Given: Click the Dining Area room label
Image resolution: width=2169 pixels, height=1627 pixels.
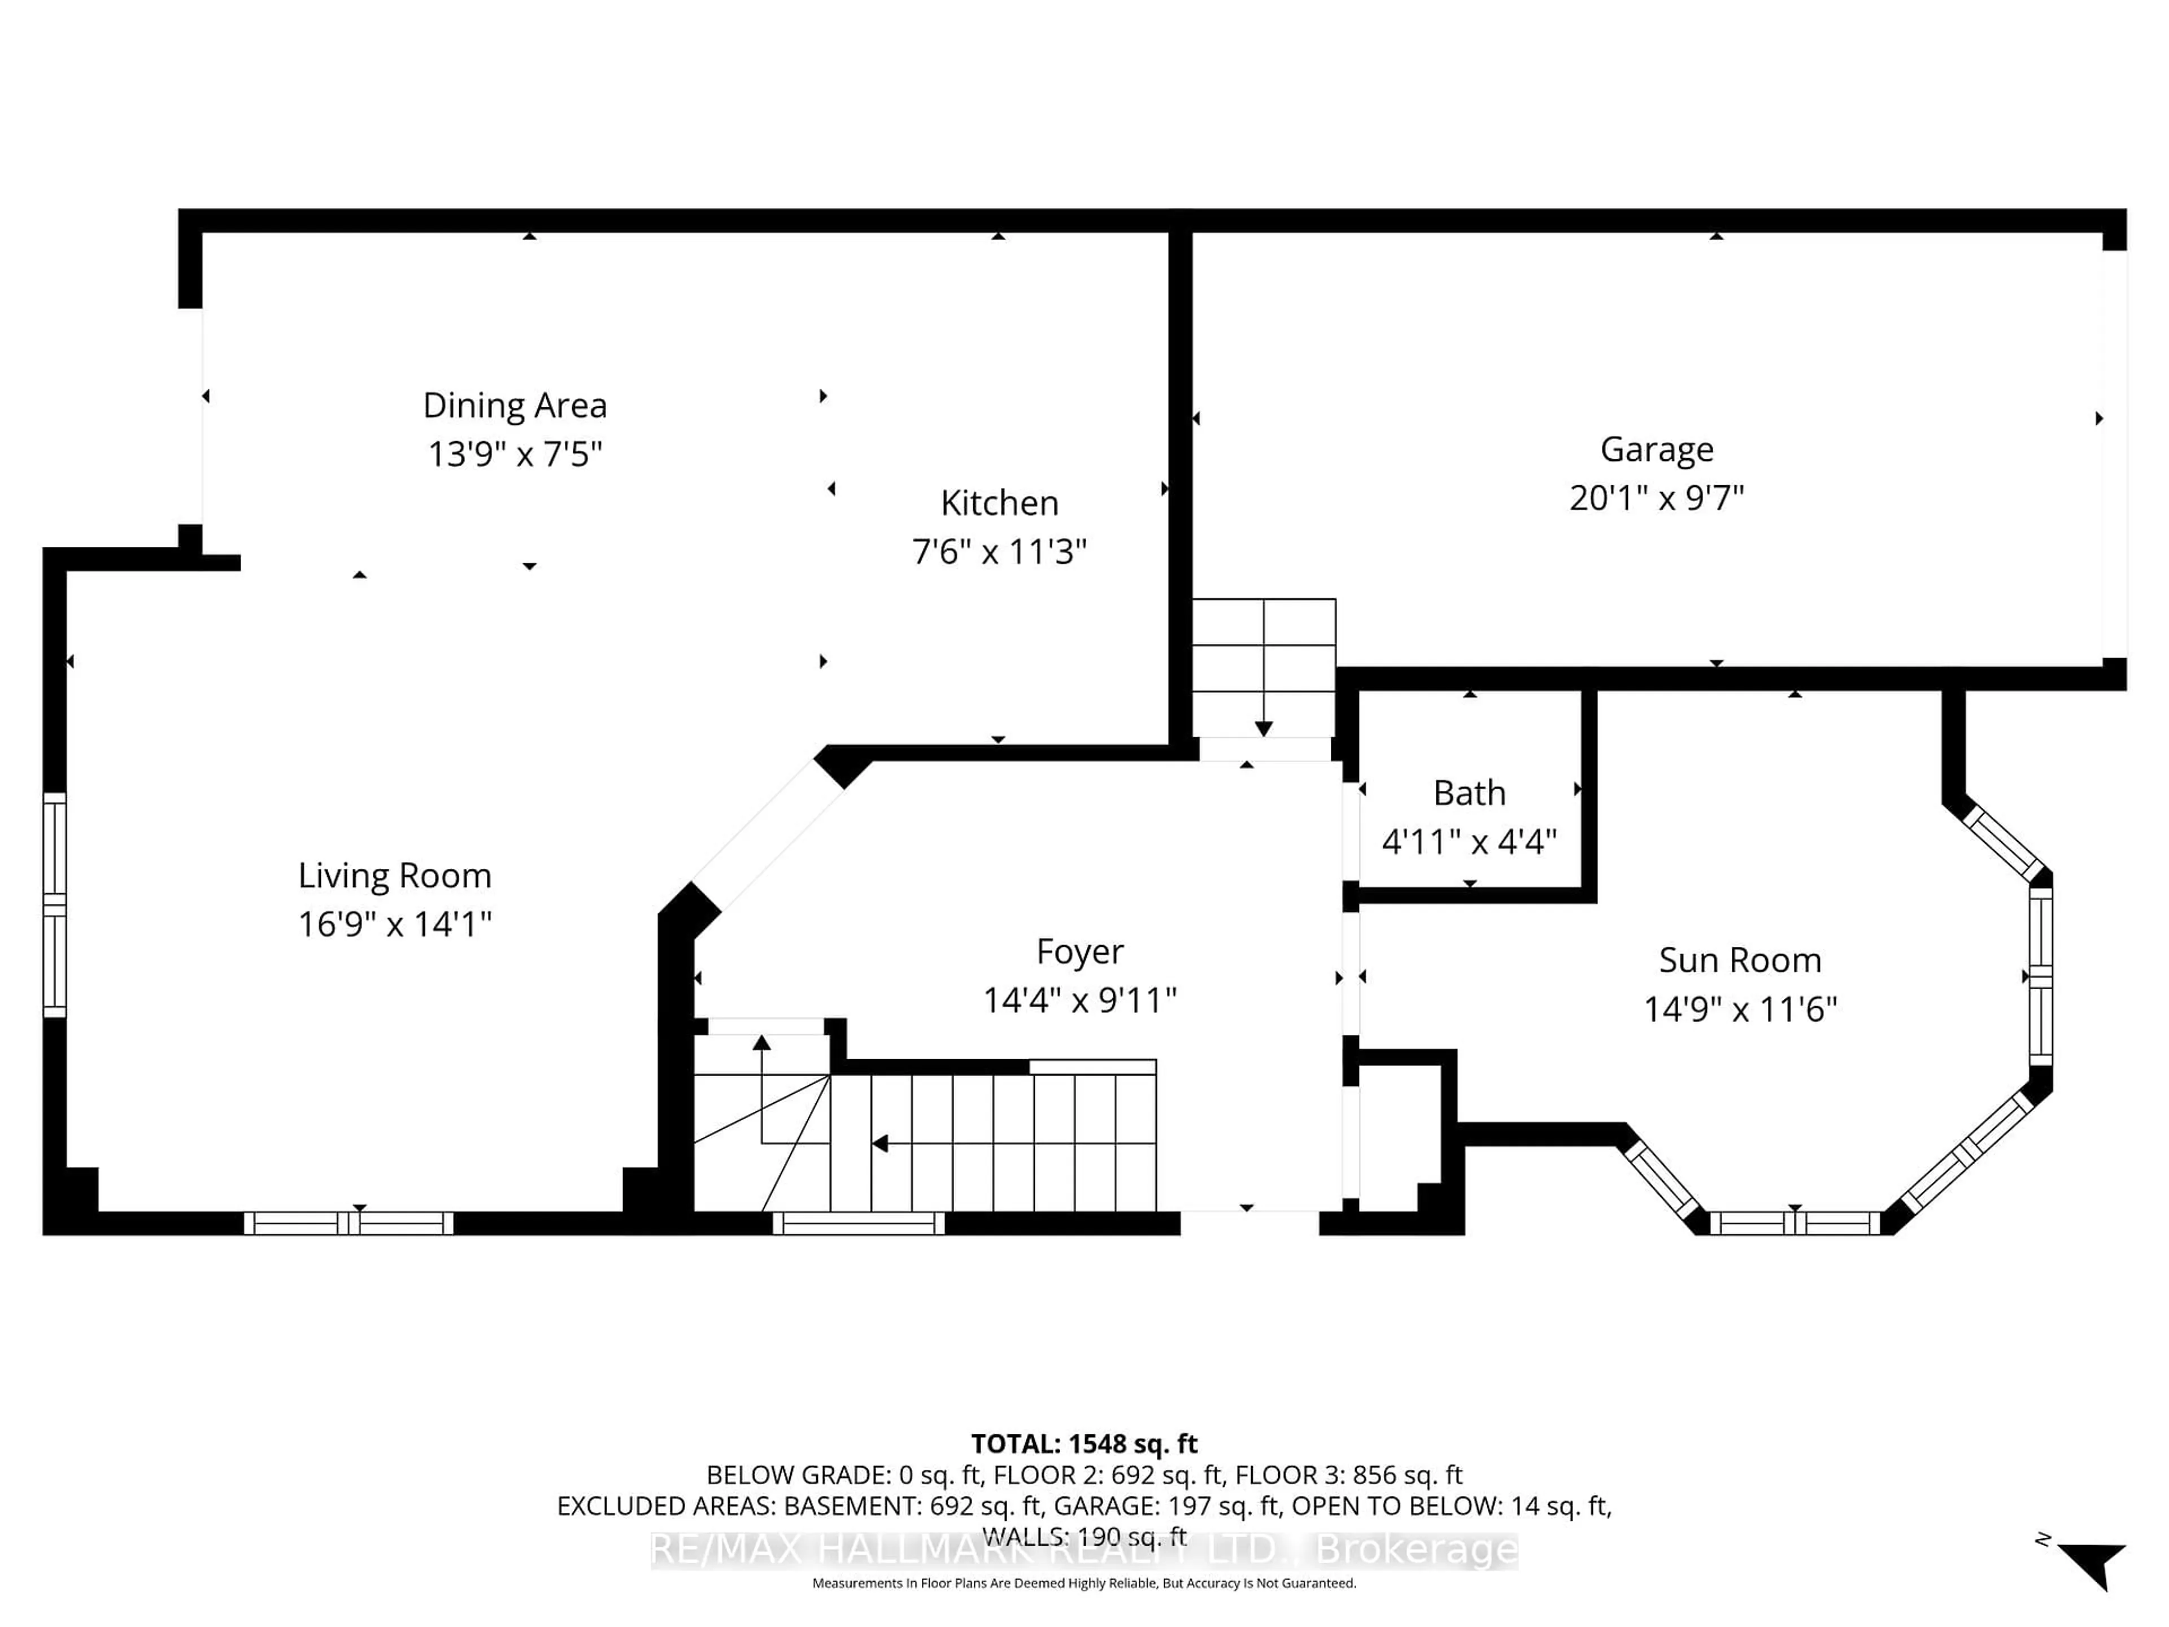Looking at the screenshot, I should pos(514,405).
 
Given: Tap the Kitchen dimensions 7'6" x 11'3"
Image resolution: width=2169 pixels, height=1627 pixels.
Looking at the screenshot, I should pos(999,552).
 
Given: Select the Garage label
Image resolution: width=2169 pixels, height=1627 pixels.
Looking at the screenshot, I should pos(1656,449).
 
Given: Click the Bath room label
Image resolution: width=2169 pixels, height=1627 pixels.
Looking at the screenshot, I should pos(1469,793).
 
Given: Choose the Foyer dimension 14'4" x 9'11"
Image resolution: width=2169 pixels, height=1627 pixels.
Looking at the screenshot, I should pos(1079,1000).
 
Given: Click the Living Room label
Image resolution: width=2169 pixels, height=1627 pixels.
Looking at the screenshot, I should pos(394,875).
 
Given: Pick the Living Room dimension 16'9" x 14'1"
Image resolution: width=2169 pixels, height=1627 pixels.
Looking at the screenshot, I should pos(394,924).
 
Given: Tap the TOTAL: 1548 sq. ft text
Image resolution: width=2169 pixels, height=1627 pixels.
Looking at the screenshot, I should pos(1083,1443).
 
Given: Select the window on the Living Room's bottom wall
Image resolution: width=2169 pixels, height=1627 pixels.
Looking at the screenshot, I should pos(348,1223).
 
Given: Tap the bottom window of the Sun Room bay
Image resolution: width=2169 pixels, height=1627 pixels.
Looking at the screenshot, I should pos(1795,1223).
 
